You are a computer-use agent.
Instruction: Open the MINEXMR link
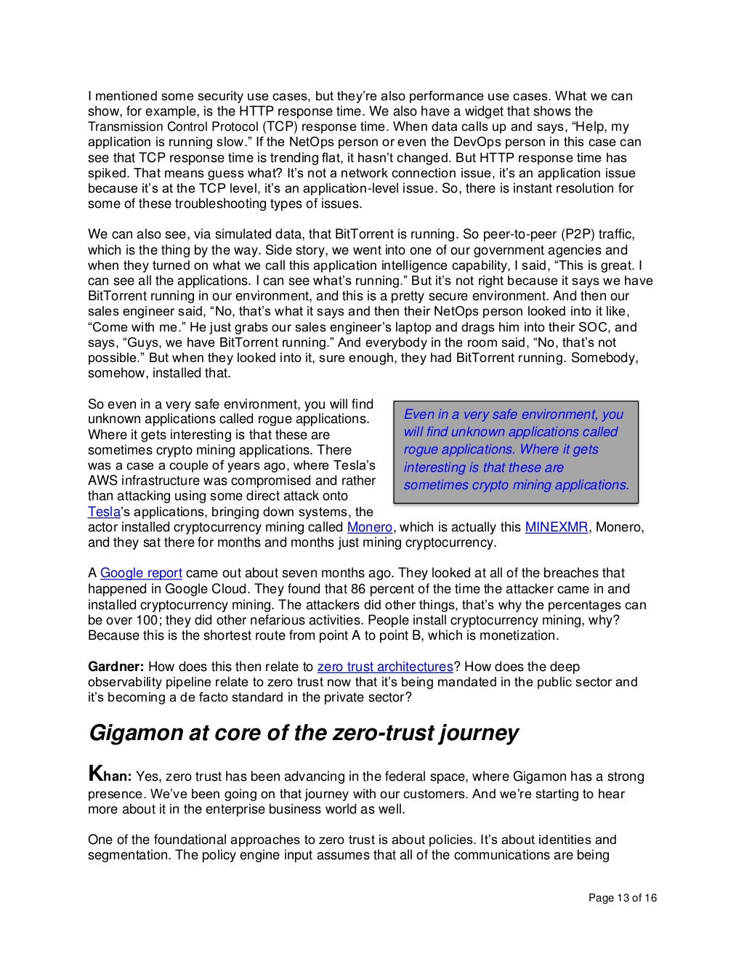click(x=556, y=527)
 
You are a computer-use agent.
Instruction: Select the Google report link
click(x=141, y=574)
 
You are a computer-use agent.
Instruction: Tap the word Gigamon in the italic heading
click(x=133, y=733)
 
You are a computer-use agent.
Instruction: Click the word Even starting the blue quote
click(x=418, y=414)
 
